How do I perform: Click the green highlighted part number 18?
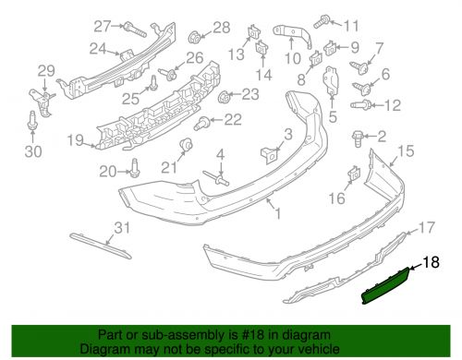[386, 285]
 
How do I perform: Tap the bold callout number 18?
[431, 262]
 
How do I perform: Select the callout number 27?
[102, 26]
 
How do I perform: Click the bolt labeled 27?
[135, 30]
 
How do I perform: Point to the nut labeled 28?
[194, 38]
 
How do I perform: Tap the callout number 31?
[122, 228]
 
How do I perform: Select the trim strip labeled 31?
[101, 246]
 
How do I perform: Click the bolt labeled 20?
[135, 168]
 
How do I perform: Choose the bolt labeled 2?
[358, 138]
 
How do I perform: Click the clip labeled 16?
[354, 174]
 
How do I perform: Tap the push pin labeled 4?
[216, 178]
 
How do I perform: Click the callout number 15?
[406, 150]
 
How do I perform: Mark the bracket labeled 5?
[332, 79]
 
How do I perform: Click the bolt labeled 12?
[360, 104]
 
